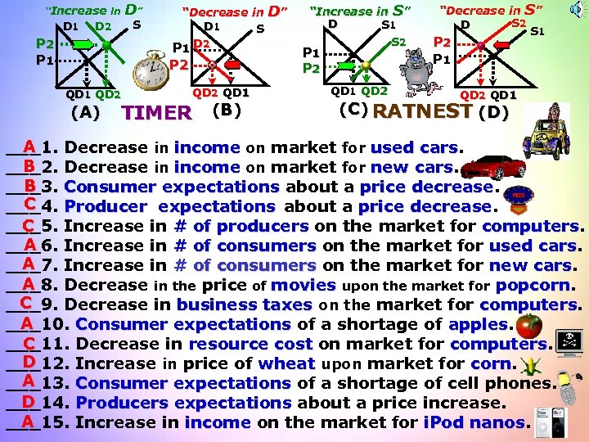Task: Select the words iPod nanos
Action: (x=474, y=422)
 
